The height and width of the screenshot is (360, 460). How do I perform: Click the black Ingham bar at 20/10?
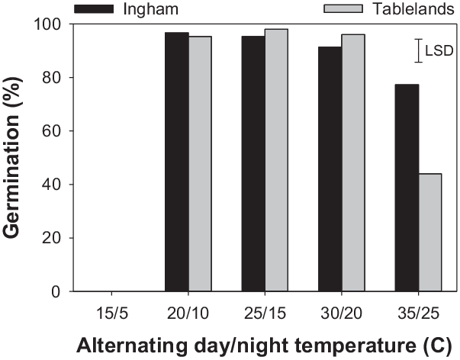[x=177, y=162]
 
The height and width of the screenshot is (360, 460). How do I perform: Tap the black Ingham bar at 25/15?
[x=253, y=163]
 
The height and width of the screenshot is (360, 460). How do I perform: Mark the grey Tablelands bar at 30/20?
[x=353, y=162]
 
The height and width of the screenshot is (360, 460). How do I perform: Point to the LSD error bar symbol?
[x=417, y=51]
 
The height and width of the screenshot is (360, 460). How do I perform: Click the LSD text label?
[x=439, y=52]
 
